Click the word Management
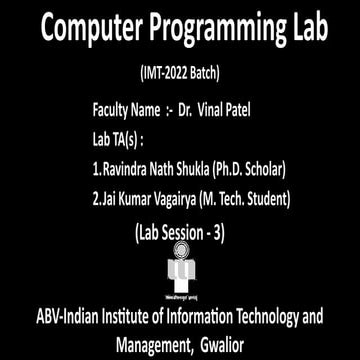point(155,345)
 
